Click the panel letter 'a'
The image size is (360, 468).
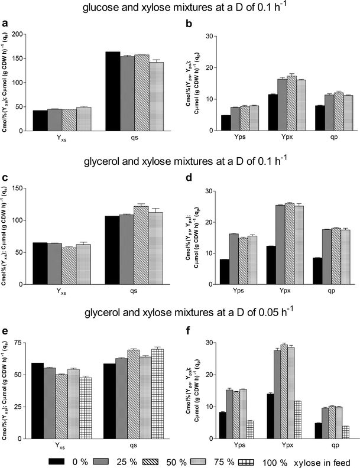coord(6,24)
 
